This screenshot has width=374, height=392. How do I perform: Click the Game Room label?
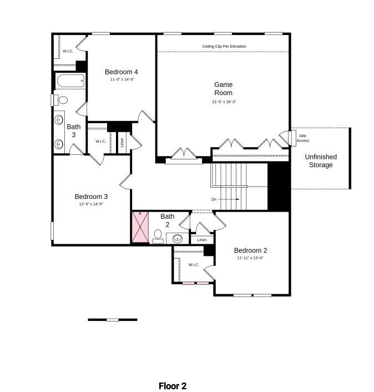223,89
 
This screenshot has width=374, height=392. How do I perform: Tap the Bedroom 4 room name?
122,72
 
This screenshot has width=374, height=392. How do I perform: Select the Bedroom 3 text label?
91,197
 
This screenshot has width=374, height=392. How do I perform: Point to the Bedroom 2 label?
250,250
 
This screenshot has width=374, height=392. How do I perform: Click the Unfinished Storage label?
321,161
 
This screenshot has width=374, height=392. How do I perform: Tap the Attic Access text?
303,138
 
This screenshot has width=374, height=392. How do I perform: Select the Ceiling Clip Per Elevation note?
224,46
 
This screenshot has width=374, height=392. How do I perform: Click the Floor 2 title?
173,386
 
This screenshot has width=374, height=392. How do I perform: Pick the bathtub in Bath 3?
70,81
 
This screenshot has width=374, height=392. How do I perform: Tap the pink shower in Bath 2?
140,227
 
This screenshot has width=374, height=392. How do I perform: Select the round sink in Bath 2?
178,239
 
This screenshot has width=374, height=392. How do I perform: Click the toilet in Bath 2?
158,237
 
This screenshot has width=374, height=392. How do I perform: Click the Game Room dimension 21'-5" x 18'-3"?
224,102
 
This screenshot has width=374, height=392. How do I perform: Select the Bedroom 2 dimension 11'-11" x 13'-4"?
250,258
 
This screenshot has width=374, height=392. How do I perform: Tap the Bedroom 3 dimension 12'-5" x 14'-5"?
91,204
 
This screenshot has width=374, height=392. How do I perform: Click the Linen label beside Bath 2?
202,240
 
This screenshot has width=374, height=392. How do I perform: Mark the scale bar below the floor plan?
113,320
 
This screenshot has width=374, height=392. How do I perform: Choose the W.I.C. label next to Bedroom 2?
194,265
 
